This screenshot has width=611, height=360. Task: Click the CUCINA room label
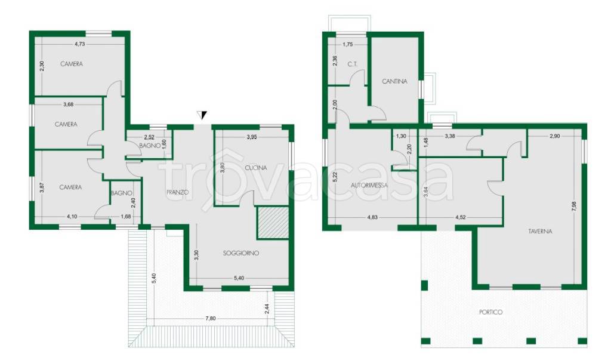256,168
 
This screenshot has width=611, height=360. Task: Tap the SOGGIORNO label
241,253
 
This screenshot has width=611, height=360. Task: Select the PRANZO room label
177,192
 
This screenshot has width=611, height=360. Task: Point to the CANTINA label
395,82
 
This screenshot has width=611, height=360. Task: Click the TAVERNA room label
540,231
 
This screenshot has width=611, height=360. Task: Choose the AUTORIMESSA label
369,185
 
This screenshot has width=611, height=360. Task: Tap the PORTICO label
490,312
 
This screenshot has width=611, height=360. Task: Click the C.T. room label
352,64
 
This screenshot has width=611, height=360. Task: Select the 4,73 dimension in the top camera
79,44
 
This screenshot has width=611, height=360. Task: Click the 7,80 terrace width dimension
211,318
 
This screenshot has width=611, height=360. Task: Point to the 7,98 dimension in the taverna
573,207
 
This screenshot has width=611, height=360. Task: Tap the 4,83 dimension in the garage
372,217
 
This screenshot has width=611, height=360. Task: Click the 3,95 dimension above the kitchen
252,137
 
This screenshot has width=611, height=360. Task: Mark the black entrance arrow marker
202,115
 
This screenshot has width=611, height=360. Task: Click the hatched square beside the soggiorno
272,223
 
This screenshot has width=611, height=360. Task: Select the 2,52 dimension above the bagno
149,137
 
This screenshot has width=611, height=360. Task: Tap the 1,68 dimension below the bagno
126,217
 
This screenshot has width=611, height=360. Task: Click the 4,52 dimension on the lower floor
461,217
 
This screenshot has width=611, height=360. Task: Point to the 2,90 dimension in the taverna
554,136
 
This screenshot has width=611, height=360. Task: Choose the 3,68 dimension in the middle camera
68,104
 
